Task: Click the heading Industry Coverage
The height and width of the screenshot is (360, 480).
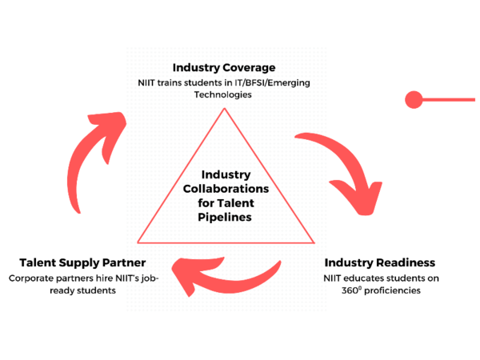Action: click(225, 67)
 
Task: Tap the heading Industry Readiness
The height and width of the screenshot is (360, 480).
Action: click(379, 262)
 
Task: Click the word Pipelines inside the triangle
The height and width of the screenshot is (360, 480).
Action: click(226, 217)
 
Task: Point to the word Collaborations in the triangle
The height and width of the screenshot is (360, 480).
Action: click(226, 189)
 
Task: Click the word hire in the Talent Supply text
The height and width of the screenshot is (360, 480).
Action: click(118, 278)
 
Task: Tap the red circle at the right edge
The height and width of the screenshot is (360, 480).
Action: click(414, 100)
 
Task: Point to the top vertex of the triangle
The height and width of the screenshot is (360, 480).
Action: click(226, 109)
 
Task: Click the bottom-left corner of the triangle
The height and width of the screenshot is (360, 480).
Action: click(139, 242)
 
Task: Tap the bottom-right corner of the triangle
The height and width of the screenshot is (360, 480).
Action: click(314, 242)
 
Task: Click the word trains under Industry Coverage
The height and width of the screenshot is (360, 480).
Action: click(177, 83)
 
